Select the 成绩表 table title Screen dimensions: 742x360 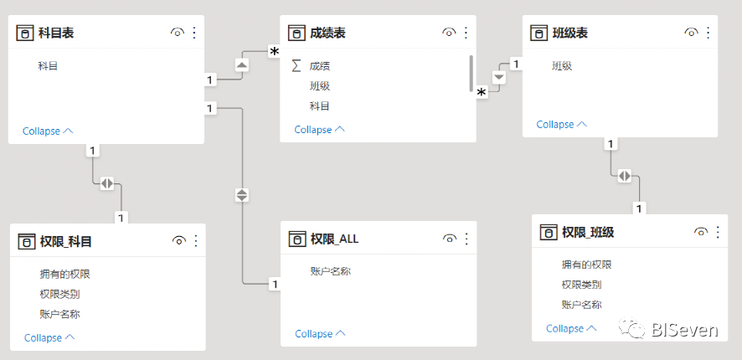pos(327,33)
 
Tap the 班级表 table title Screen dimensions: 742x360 pos(570,33)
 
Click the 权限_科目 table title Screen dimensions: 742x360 pos(65,241)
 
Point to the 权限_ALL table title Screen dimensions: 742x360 pos(334,239)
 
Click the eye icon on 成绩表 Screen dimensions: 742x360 pos(449,33)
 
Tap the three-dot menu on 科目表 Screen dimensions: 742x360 pos(194,33)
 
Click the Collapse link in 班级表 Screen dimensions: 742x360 pos(561,125)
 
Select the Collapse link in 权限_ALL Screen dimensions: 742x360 pos(320,334)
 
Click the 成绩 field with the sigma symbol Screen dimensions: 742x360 pos(320,65)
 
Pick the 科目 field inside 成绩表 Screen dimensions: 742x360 pos(320,106)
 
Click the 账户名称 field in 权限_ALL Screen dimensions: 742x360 pos(331,270)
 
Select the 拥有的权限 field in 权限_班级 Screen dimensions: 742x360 pos(586,265)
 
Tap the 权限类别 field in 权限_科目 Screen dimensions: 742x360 pos(59,294)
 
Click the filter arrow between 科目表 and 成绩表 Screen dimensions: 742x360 pos(241,64)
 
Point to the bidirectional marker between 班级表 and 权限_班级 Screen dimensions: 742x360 pos(625,176)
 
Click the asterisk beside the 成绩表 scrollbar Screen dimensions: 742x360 pos(482,92)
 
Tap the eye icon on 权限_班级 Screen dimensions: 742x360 pos(700,232)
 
